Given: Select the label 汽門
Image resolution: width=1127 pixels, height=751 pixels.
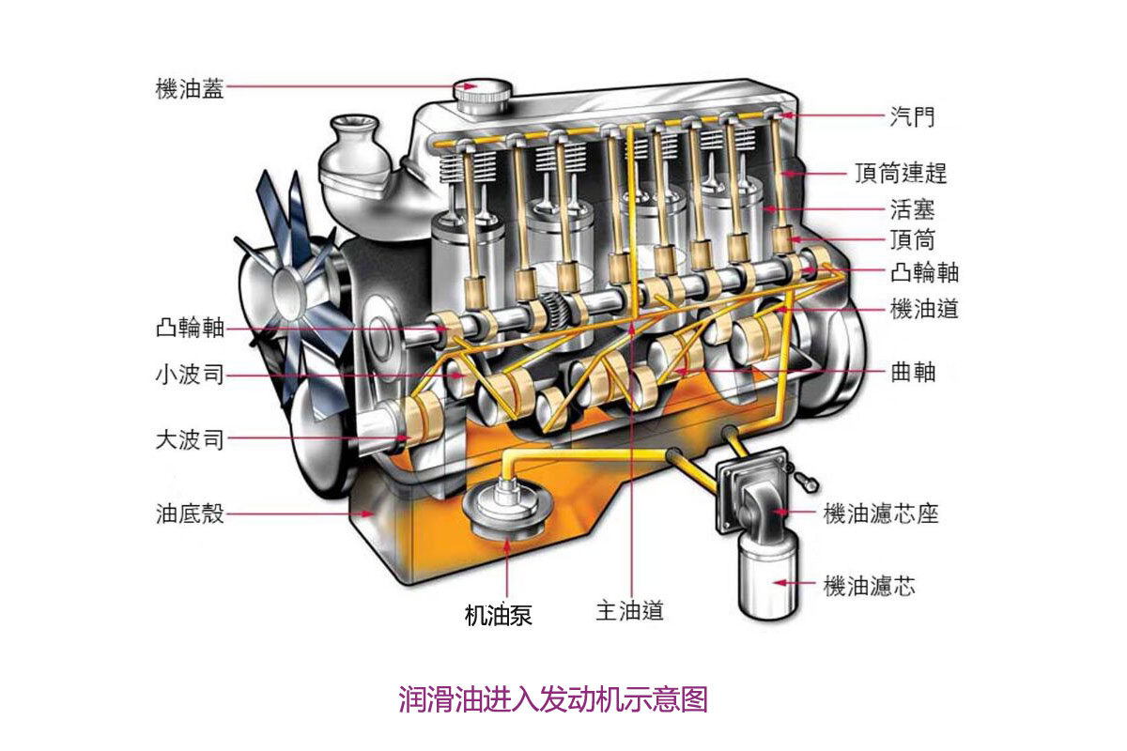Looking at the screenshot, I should (912, 117).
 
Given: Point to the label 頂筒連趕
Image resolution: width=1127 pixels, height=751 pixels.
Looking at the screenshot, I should (900, 174).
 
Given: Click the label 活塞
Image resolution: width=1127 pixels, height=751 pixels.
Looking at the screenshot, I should (912, 208).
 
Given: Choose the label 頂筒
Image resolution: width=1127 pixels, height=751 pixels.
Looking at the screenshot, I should (912, 239).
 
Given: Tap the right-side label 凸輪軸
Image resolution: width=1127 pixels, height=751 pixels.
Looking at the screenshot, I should (924, 273).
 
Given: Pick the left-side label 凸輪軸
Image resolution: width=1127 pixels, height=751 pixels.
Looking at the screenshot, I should (190, 329).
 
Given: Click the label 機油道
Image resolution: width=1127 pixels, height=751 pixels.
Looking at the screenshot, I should (924, 309).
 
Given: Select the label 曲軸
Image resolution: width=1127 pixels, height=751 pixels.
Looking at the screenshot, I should (912, 372).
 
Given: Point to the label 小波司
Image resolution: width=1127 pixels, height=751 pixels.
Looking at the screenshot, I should (190, 375).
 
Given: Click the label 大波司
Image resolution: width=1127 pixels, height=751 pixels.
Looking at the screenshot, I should (190, 439).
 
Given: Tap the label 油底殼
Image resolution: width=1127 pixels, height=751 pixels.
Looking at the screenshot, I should (190, 513).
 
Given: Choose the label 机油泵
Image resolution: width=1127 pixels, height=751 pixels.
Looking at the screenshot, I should (499, 616).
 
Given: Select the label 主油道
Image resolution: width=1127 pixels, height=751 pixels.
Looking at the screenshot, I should (629, 611).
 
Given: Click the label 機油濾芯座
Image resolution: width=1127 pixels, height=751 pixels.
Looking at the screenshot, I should (880, 513).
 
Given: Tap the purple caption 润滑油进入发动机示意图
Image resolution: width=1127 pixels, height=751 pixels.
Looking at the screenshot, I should (552, 699).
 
